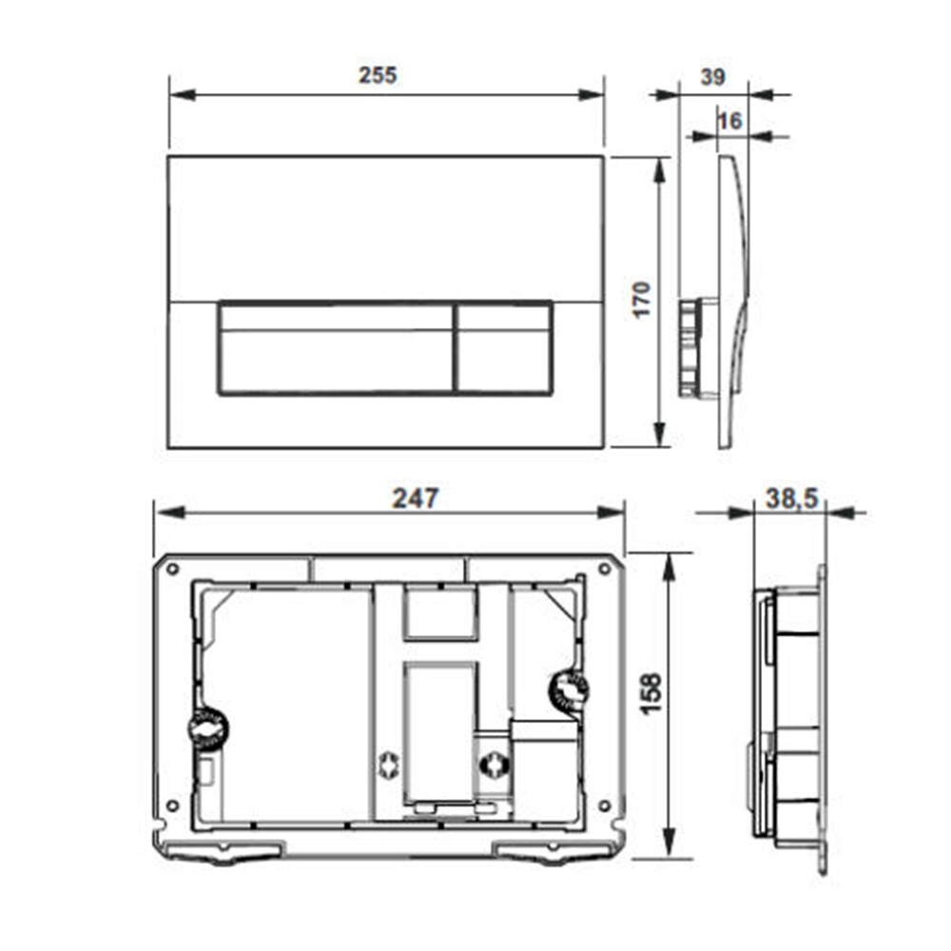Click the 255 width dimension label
378,75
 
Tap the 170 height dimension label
641,299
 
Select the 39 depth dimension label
712,77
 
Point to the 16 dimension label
729,121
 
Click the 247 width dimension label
416,498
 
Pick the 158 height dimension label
651,694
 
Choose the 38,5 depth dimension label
791,498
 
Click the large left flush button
336,348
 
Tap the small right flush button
504,348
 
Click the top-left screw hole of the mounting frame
173,569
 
